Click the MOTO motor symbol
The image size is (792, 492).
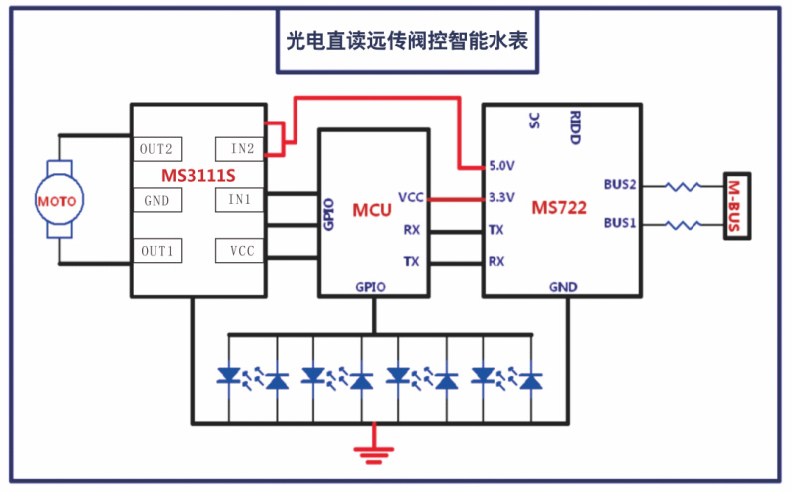click(59, 200)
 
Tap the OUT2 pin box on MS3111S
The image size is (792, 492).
click(157, 149)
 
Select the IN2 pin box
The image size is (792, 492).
click(240, 148)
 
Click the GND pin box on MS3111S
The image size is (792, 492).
click(157, 200)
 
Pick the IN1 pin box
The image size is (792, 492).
click(240, 199)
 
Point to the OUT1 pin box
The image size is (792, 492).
click(157, 251)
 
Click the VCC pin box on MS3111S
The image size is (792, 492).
click(240, 251)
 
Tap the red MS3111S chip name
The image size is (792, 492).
click(198, 175)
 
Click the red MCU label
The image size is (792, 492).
click(372, 210)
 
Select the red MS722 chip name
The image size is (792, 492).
click(559, 207)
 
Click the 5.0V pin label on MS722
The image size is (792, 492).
click(501, 166)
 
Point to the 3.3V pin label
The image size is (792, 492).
click(501, 197)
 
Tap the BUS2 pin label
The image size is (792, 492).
click(620, 184)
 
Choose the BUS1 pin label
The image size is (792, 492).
click(620, 223)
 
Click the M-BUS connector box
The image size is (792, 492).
click(737, 206)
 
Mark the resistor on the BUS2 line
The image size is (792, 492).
click(683, 186)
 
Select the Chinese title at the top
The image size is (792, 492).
click(407, 41)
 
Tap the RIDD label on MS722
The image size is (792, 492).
click(575, 127)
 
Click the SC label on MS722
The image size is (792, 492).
click(535, 121)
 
